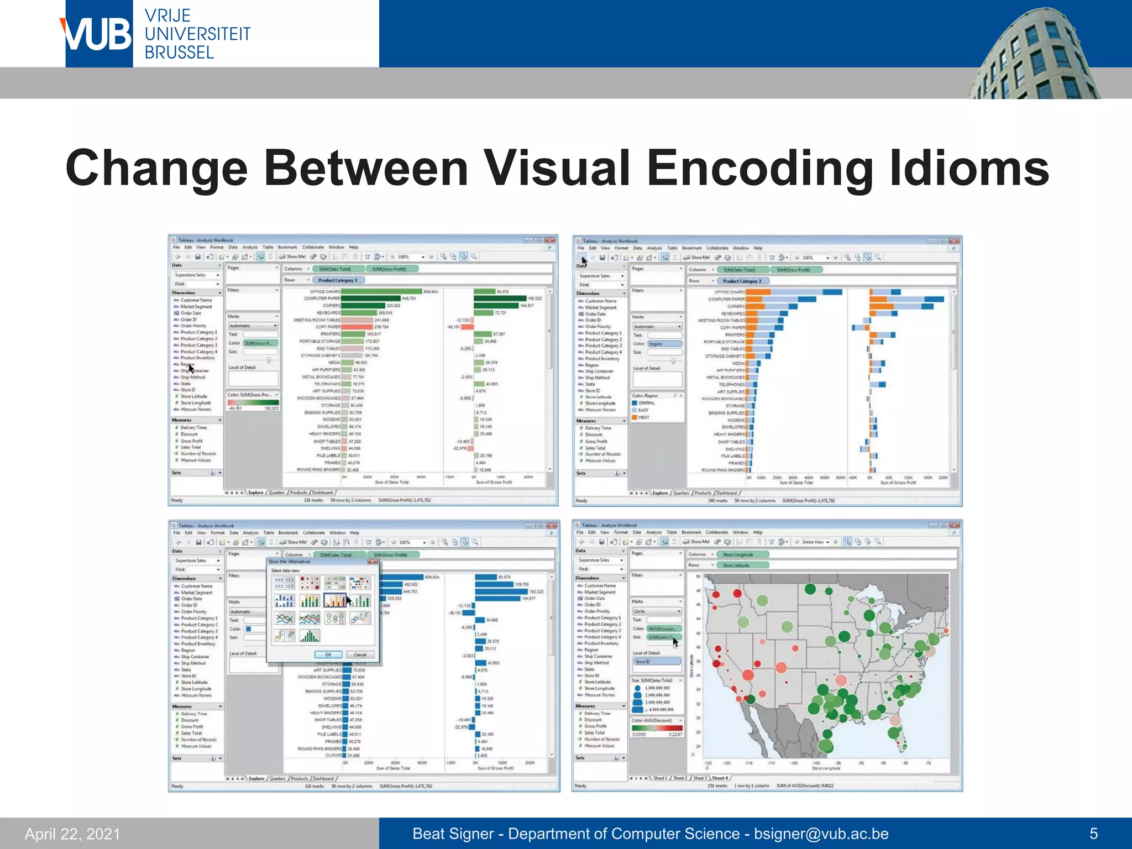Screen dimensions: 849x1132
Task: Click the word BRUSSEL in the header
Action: click(179, 53)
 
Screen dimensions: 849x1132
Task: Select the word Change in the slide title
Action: click(156, 169)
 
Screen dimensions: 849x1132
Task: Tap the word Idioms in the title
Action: click(969, 169)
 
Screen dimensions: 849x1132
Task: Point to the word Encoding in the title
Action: click(760, 169)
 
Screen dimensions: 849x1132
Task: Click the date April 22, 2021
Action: click(72, 834)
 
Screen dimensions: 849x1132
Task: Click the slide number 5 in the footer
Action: click(1093, 834)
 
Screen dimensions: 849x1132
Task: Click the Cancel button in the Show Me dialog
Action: click(360, 654)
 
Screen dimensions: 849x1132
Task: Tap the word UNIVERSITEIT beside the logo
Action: click(197, 34)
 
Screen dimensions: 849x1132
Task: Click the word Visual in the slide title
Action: click(555, 169)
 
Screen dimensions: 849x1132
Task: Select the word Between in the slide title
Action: click(366, 169)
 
